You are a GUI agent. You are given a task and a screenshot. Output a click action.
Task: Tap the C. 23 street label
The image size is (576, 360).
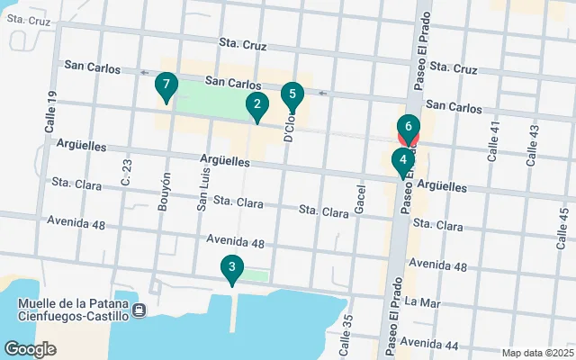tap(126, 170)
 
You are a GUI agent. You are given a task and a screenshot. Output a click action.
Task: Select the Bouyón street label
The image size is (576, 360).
tap(165, 191)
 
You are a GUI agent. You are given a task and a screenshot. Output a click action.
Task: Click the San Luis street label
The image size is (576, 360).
tap(203, 190)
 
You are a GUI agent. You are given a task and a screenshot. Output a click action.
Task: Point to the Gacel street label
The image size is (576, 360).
tap(360, 200)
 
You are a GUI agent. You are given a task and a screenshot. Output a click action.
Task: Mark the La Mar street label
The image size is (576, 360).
tap(424, 302)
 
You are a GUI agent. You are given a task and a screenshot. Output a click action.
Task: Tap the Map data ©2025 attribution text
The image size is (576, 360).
tap(536, 353)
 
